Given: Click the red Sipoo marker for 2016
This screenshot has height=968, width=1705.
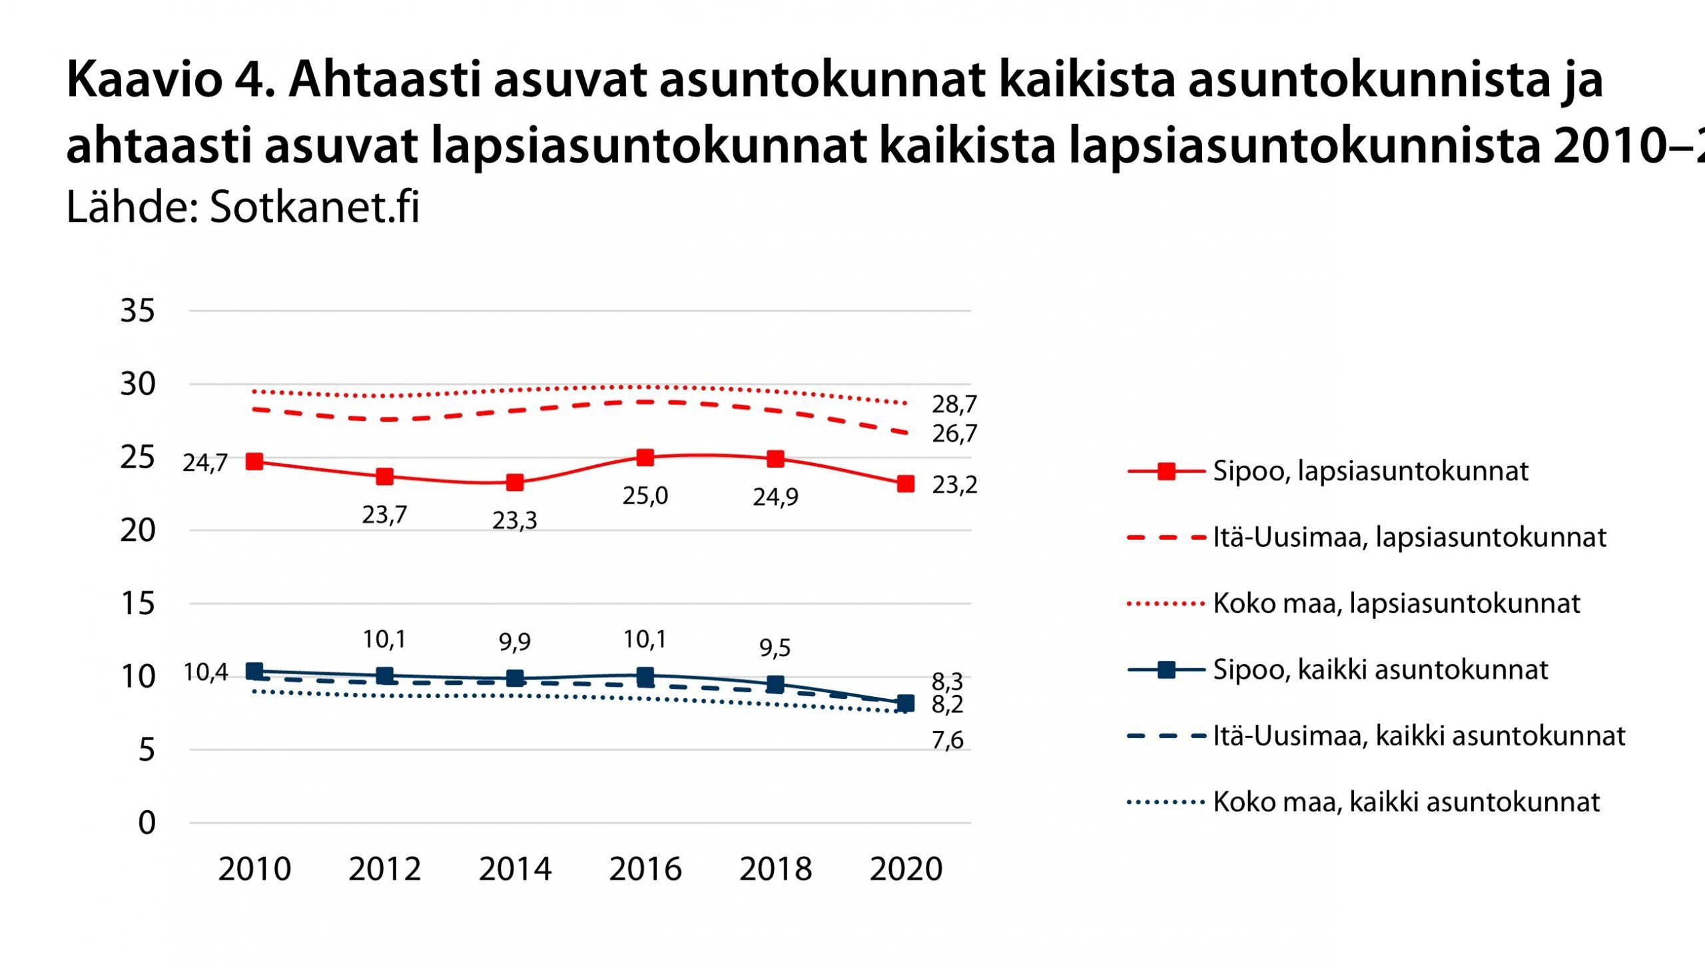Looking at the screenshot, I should coord(645,458).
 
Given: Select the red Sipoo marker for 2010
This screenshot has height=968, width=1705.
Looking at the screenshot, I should coord(254,462).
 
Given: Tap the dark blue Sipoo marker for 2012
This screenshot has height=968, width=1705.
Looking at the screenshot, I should coord(384,676).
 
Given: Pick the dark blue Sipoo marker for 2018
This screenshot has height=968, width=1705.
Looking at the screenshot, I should coord(775,684).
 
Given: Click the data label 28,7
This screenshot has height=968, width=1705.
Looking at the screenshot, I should coord(954,404).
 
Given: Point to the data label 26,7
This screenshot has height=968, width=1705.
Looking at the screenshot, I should coord(954,434).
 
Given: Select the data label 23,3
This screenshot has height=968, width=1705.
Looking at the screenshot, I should coord(514,520).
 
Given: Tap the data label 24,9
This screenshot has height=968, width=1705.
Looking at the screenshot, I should coord(775,497).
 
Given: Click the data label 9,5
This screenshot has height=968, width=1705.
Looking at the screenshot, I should coord(775,648).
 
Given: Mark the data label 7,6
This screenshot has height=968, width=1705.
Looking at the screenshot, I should coord(947,740).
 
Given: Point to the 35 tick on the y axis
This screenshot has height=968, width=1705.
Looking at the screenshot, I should coord(137,310).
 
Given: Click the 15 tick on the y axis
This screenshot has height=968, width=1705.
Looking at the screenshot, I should coord(137,604).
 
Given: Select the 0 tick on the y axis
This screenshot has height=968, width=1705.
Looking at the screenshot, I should coord(147,823).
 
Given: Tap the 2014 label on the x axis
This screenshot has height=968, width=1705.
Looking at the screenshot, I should coord(515,869).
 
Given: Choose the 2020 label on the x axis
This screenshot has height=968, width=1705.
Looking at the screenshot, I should coord(906,869).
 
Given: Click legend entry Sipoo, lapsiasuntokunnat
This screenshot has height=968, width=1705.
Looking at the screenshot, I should coord(1369,471).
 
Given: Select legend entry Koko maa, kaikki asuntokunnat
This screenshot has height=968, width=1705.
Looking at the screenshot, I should coord(1405,802).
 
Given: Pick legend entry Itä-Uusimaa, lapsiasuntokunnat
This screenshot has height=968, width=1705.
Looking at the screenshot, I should coord(1409,537).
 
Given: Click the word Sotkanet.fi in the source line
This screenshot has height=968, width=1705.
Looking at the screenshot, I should coord(314,207).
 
